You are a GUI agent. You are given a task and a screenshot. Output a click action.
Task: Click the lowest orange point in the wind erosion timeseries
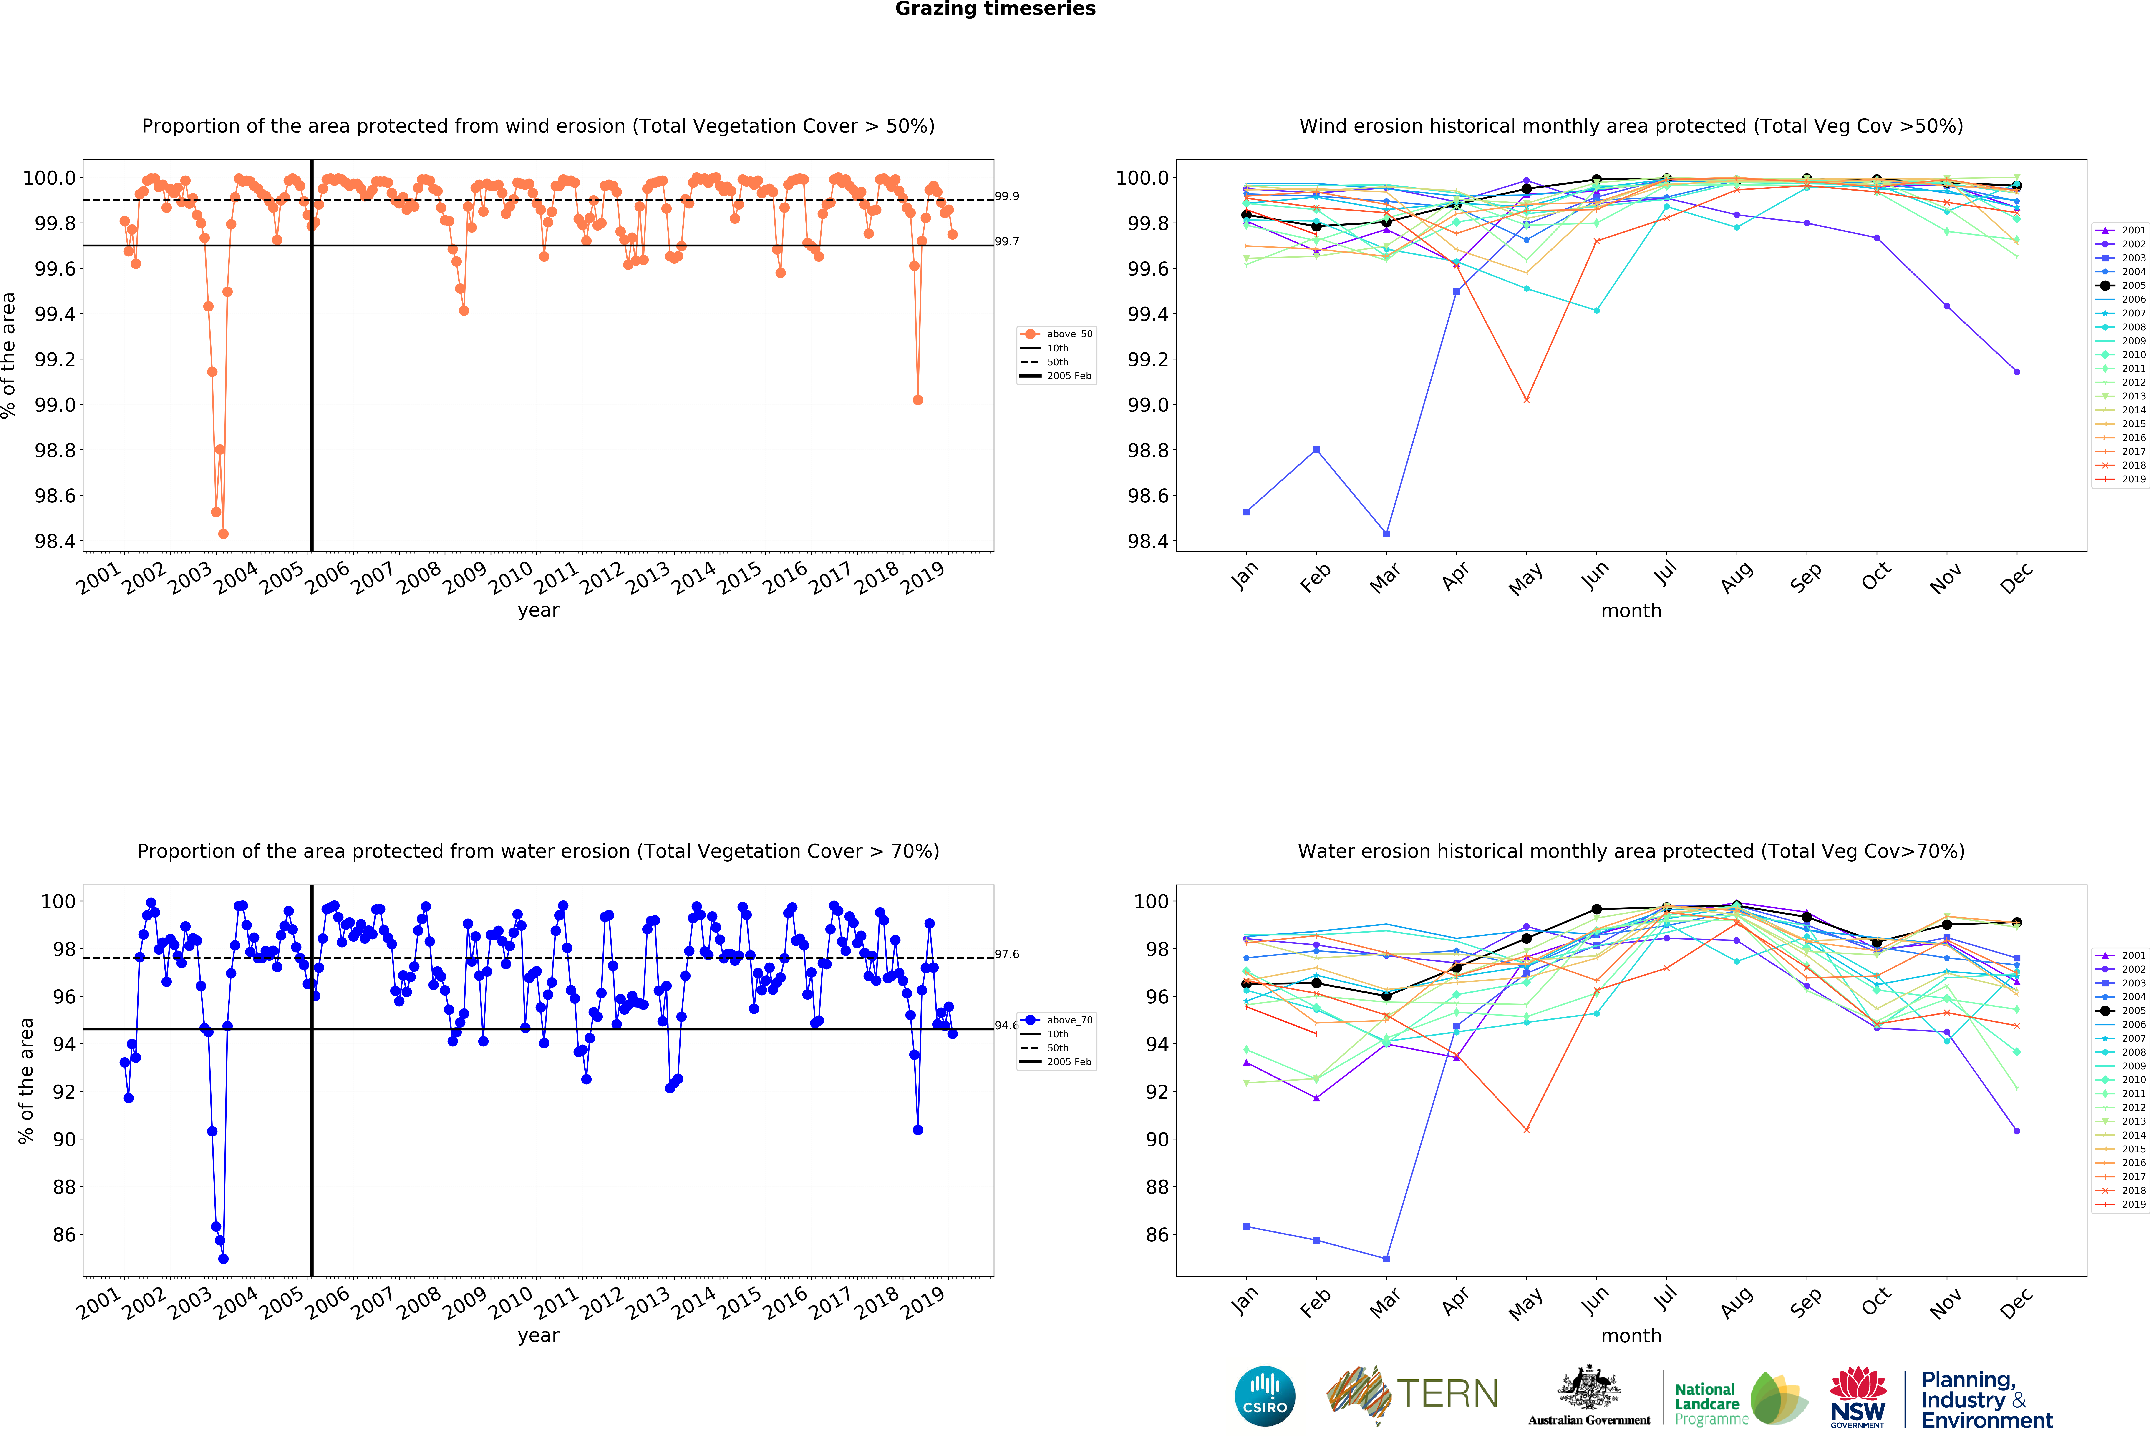point(223,534)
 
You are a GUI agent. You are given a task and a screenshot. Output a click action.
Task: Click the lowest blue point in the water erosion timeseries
point(223,1259)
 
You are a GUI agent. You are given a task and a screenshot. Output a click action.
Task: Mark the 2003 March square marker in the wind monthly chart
point(1386,534)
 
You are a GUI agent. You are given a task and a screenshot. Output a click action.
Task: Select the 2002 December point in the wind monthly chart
point(2017,372)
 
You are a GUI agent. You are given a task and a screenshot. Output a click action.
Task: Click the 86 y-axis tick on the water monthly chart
point(1156,1235)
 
